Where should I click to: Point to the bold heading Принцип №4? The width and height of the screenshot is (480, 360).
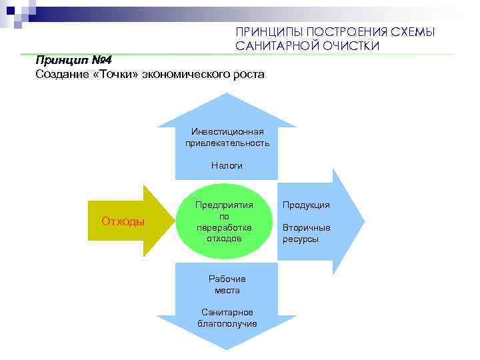(73, 59)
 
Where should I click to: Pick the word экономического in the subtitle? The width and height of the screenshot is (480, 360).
(189, 74)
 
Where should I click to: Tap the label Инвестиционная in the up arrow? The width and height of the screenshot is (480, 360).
(227, 131)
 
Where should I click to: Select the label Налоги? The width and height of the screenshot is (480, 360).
(227, 165)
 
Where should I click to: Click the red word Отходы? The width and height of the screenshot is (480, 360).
(123, 221)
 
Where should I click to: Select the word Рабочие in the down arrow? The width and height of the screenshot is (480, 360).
(227, 279)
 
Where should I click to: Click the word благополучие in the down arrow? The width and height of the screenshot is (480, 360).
(227, 323)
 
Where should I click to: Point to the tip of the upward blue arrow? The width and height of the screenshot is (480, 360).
(227, 95)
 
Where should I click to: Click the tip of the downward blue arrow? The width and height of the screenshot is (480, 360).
(227, 349)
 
